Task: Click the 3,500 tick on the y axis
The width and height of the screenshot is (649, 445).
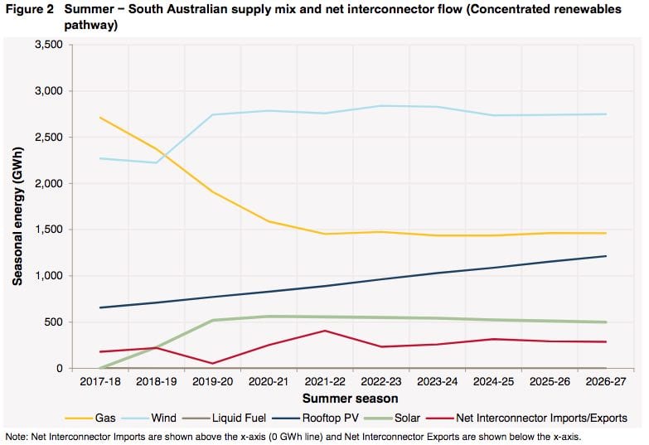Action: point(48,44)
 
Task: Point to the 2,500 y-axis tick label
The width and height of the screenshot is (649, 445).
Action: point(48,137)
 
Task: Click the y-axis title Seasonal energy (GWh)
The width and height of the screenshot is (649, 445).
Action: point(17,206)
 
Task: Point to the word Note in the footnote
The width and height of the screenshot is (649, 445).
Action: point(15,436)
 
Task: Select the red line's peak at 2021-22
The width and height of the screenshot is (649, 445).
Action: point(325,331)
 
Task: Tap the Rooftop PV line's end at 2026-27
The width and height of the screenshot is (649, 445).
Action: point(606,256)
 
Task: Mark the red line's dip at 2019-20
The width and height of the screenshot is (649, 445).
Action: point(214,363)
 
